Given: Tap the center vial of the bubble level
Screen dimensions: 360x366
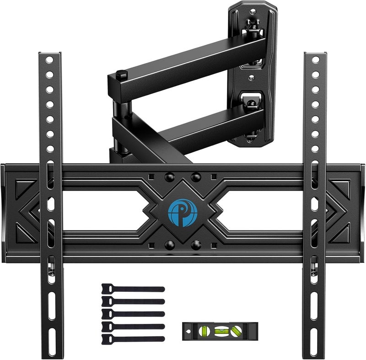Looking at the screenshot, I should [x=220, y=328].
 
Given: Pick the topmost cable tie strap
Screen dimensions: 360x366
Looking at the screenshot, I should [x=133, y=290].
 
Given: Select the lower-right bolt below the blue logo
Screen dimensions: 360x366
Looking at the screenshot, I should [x=196, y=243].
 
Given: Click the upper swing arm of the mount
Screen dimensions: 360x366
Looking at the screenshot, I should [x=183, y=62].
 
